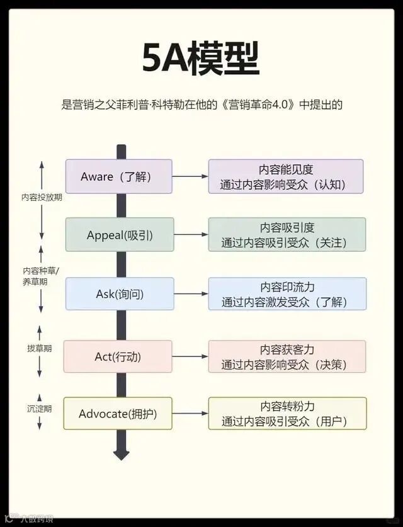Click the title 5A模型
[201, 60]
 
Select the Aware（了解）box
[118, 176]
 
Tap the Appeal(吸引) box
[120, 235]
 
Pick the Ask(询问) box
[120, 293]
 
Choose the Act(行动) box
[118, 356]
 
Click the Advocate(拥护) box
[118, 414]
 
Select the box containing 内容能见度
[286, 176]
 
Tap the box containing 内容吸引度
[287, 235]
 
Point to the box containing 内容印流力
[287, 293]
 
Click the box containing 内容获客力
[287, 356]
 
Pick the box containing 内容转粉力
[287, 414]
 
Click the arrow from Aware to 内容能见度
[190, 176]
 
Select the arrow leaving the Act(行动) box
[190, 356]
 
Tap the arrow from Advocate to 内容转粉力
[190, 414]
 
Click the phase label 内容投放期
[42, 197]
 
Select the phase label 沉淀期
[40, 409]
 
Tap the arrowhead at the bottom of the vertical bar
[121, 454]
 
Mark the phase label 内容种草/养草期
[42, 276]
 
